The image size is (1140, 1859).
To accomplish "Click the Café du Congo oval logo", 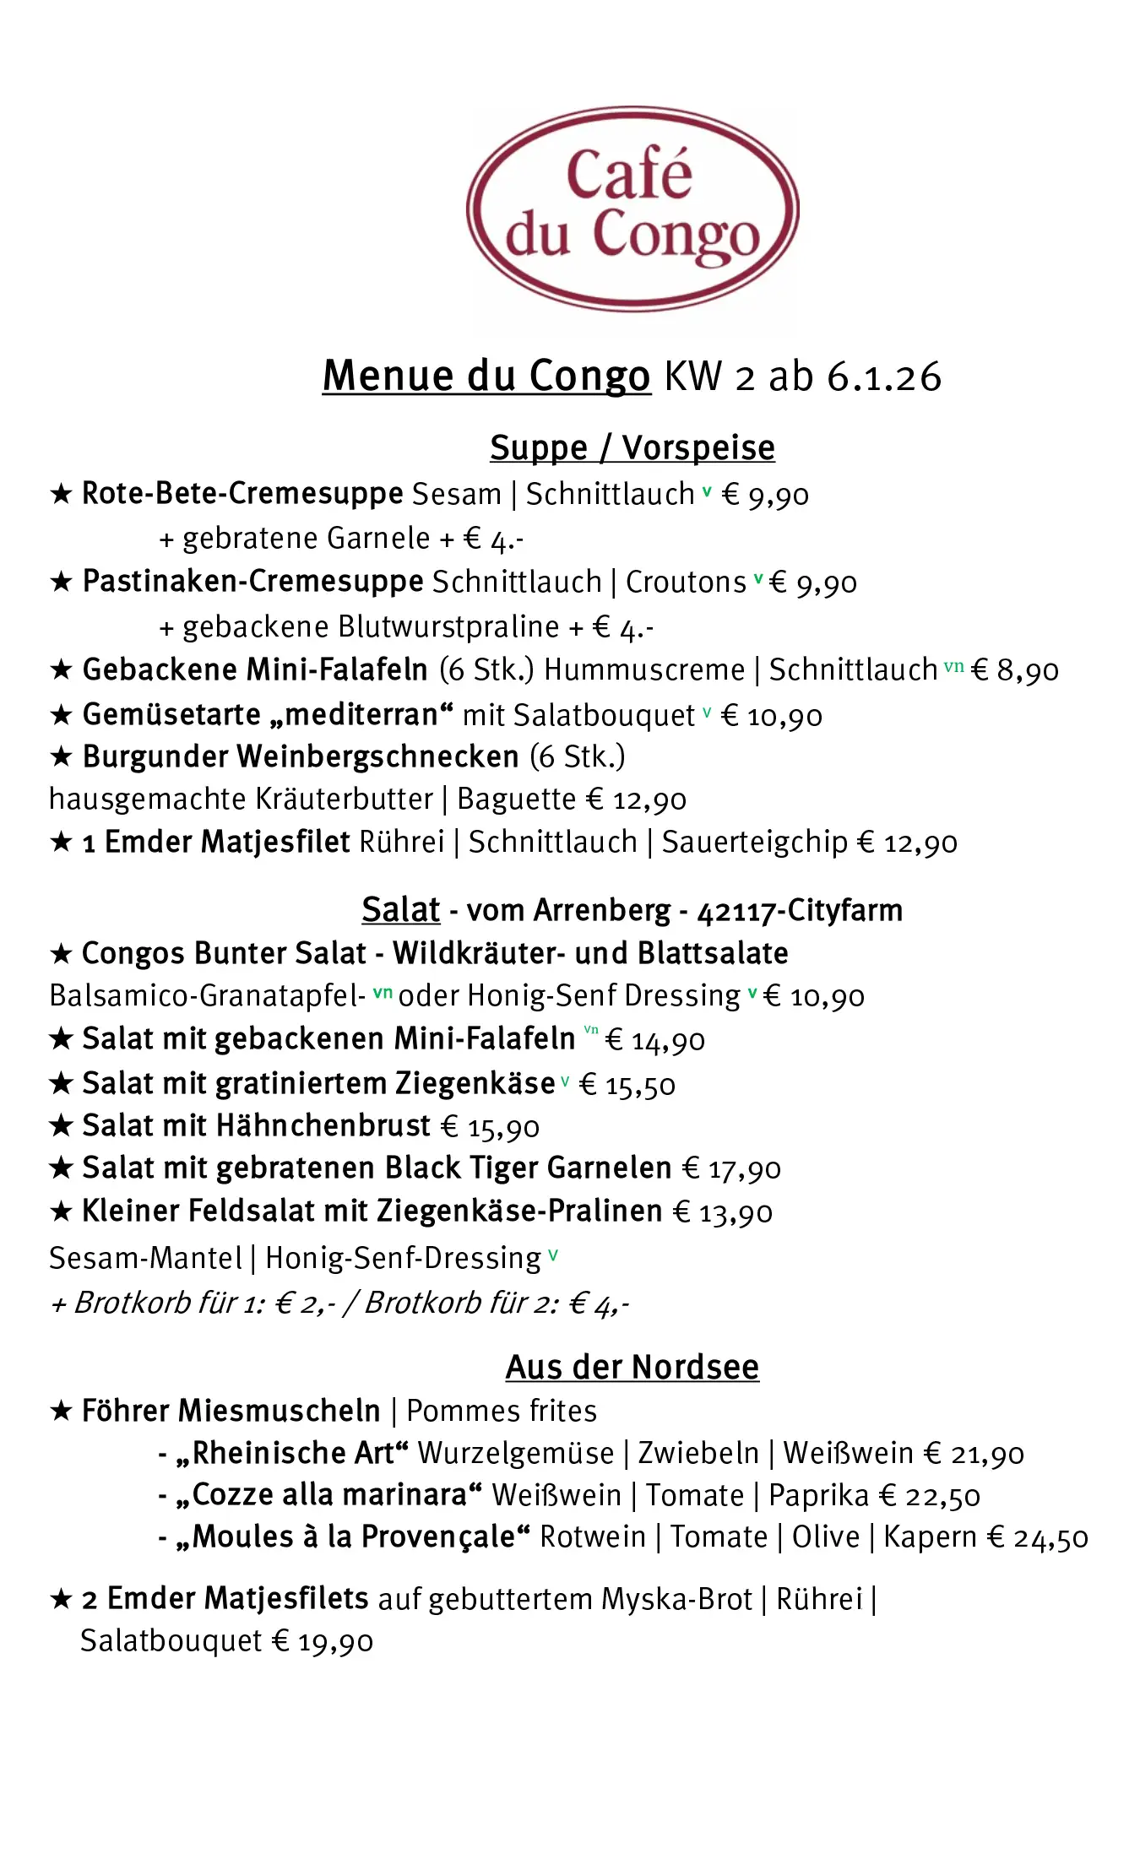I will tap(632, 209).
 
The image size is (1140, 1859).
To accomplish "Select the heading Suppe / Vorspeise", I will tap(632, 447).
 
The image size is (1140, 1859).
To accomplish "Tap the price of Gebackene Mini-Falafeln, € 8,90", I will tap(1015, 670).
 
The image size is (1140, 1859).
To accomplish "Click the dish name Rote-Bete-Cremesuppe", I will tap(242, 494).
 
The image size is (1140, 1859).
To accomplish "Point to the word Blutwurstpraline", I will tap(448, 626).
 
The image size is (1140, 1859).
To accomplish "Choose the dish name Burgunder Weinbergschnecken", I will tap(301, 756).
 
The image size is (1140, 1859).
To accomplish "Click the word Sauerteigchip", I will tap(755, 842).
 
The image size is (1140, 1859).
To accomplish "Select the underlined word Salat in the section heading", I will tap(400, 910).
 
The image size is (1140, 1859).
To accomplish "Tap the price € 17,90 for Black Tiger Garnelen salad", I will tap(731, 1168).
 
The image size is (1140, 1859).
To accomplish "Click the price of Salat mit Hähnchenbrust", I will tap(491, 1126).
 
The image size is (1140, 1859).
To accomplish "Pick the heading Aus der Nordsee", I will tap(632, 1367).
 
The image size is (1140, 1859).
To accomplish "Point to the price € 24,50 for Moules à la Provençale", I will tap(1038, 1537).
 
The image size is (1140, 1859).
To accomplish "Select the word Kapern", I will tap(930, 1537).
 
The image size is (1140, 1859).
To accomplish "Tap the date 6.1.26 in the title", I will tap(884, 377).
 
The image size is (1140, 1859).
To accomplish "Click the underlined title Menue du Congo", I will tap(486, 377).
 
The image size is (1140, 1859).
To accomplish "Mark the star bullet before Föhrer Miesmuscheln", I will tap(61, 1411).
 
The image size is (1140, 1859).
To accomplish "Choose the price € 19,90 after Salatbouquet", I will tap(322, 1641).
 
